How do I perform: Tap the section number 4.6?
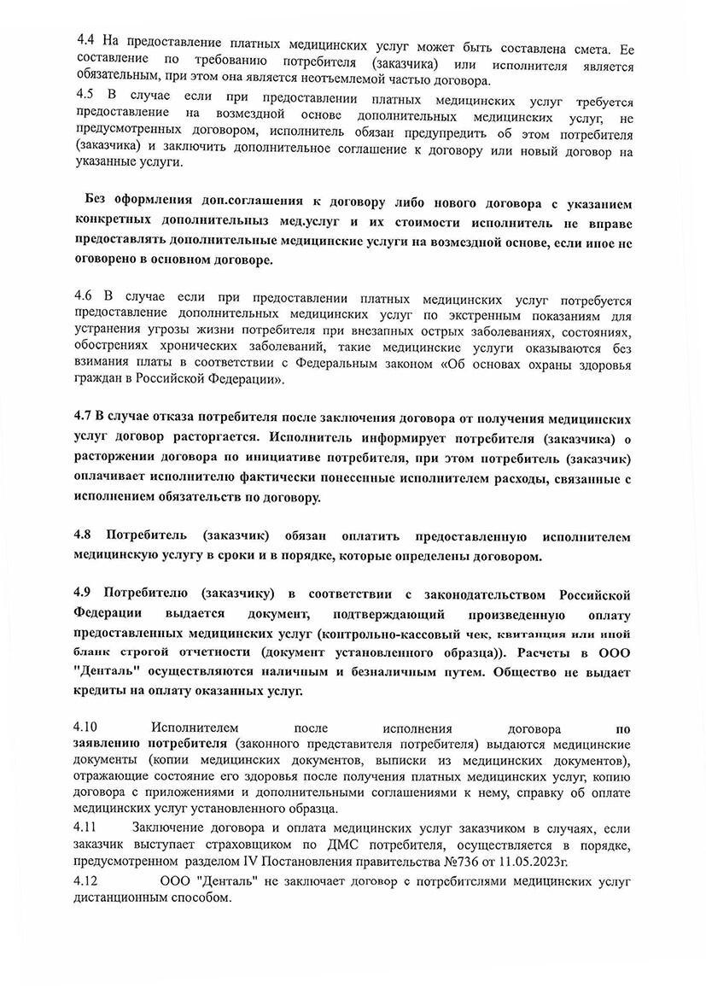(85, 300)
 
